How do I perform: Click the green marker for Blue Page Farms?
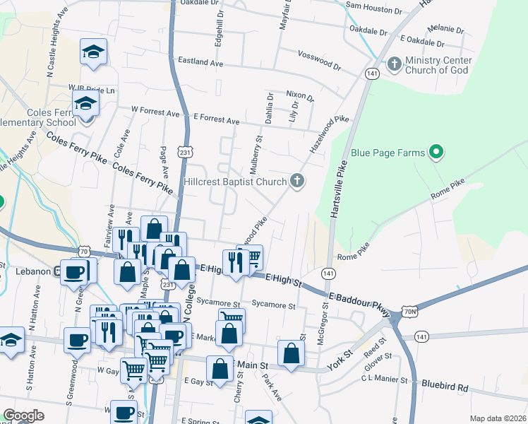[436, 152]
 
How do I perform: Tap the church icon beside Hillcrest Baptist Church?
[297, 182]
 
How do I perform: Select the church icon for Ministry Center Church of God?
[394, 65]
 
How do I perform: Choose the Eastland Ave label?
[200, 63]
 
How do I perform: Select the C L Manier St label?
[384, 380]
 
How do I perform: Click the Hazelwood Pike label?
[330, 135]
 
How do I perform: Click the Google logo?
[23, 416]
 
